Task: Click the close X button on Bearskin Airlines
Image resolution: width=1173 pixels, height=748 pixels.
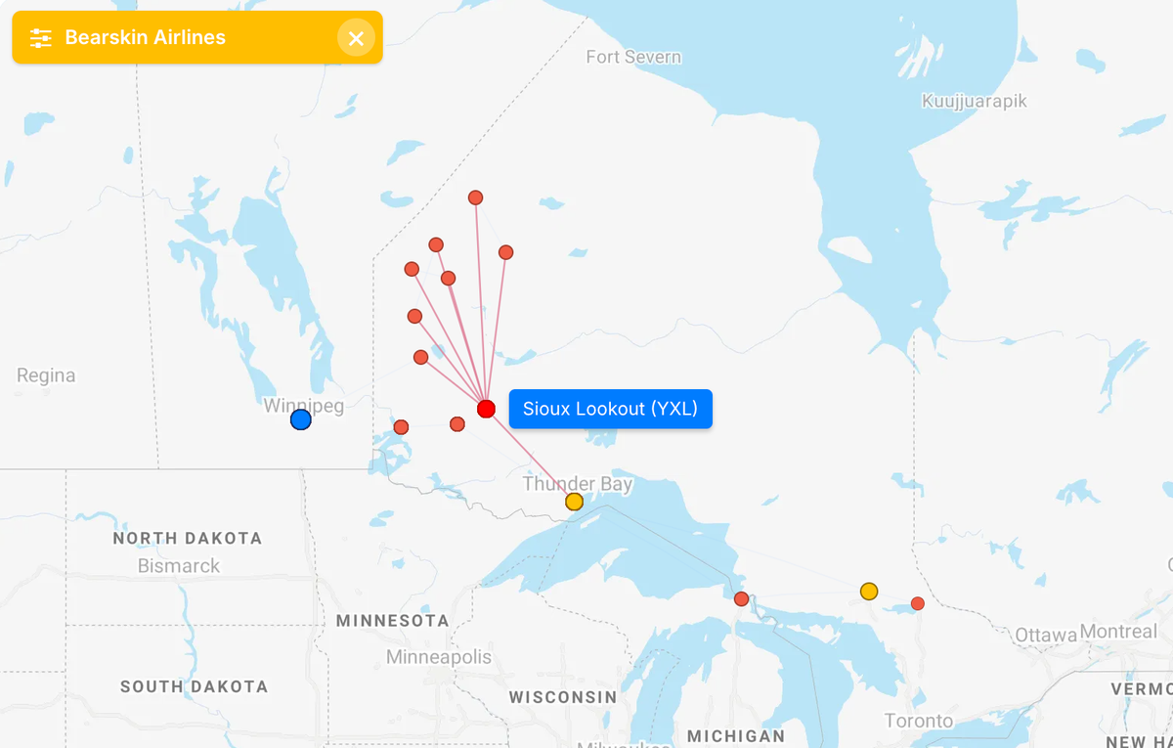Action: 356,38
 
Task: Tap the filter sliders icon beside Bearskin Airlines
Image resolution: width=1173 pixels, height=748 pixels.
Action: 40,38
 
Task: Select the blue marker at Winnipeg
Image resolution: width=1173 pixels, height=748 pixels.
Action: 301,419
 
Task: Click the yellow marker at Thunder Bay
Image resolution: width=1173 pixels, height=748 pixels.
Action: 574,502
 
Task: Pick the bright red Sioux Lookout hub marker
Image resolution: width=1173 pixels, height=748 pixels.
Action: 486,409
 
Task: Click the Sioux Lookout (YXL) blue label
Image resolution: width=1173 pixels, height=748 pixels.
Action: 610,409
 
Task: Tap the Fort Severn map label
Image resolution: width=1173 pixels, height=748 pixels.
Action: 633,57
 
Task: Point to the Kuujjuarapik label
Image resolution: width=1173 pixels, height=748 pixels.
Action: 975,101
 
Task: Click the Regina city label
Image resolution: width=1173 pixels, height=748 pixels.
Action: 46,375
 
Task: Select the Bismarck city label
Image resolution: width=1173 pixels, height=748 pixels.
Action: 179,566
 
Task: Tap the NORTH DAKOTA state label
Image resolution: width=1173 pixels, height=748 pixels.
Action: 188,538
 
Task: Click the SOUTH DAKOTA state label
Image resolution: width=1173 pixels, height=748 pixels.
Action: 194,686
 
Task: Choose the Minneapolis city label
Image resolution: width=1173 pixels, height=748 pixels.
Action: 439,657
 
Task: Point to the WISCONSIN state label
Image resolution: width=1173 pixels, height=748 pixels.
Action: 563,697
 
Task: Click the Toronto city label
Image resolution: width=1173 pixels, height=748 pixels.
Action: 919,721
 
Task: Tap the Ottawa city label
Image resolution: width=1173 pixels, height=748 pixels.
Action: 1045,636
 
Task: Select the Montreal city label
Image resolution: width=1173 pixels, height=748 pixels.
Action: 1118,632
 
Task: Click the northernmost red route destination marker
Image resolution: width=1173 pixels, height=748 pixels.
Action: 475,198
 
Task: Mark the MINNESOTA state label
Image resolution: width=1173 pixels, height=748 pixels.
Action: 393,621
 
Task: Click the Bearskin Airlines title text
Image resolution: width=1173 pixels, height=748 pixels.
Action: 146,37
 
